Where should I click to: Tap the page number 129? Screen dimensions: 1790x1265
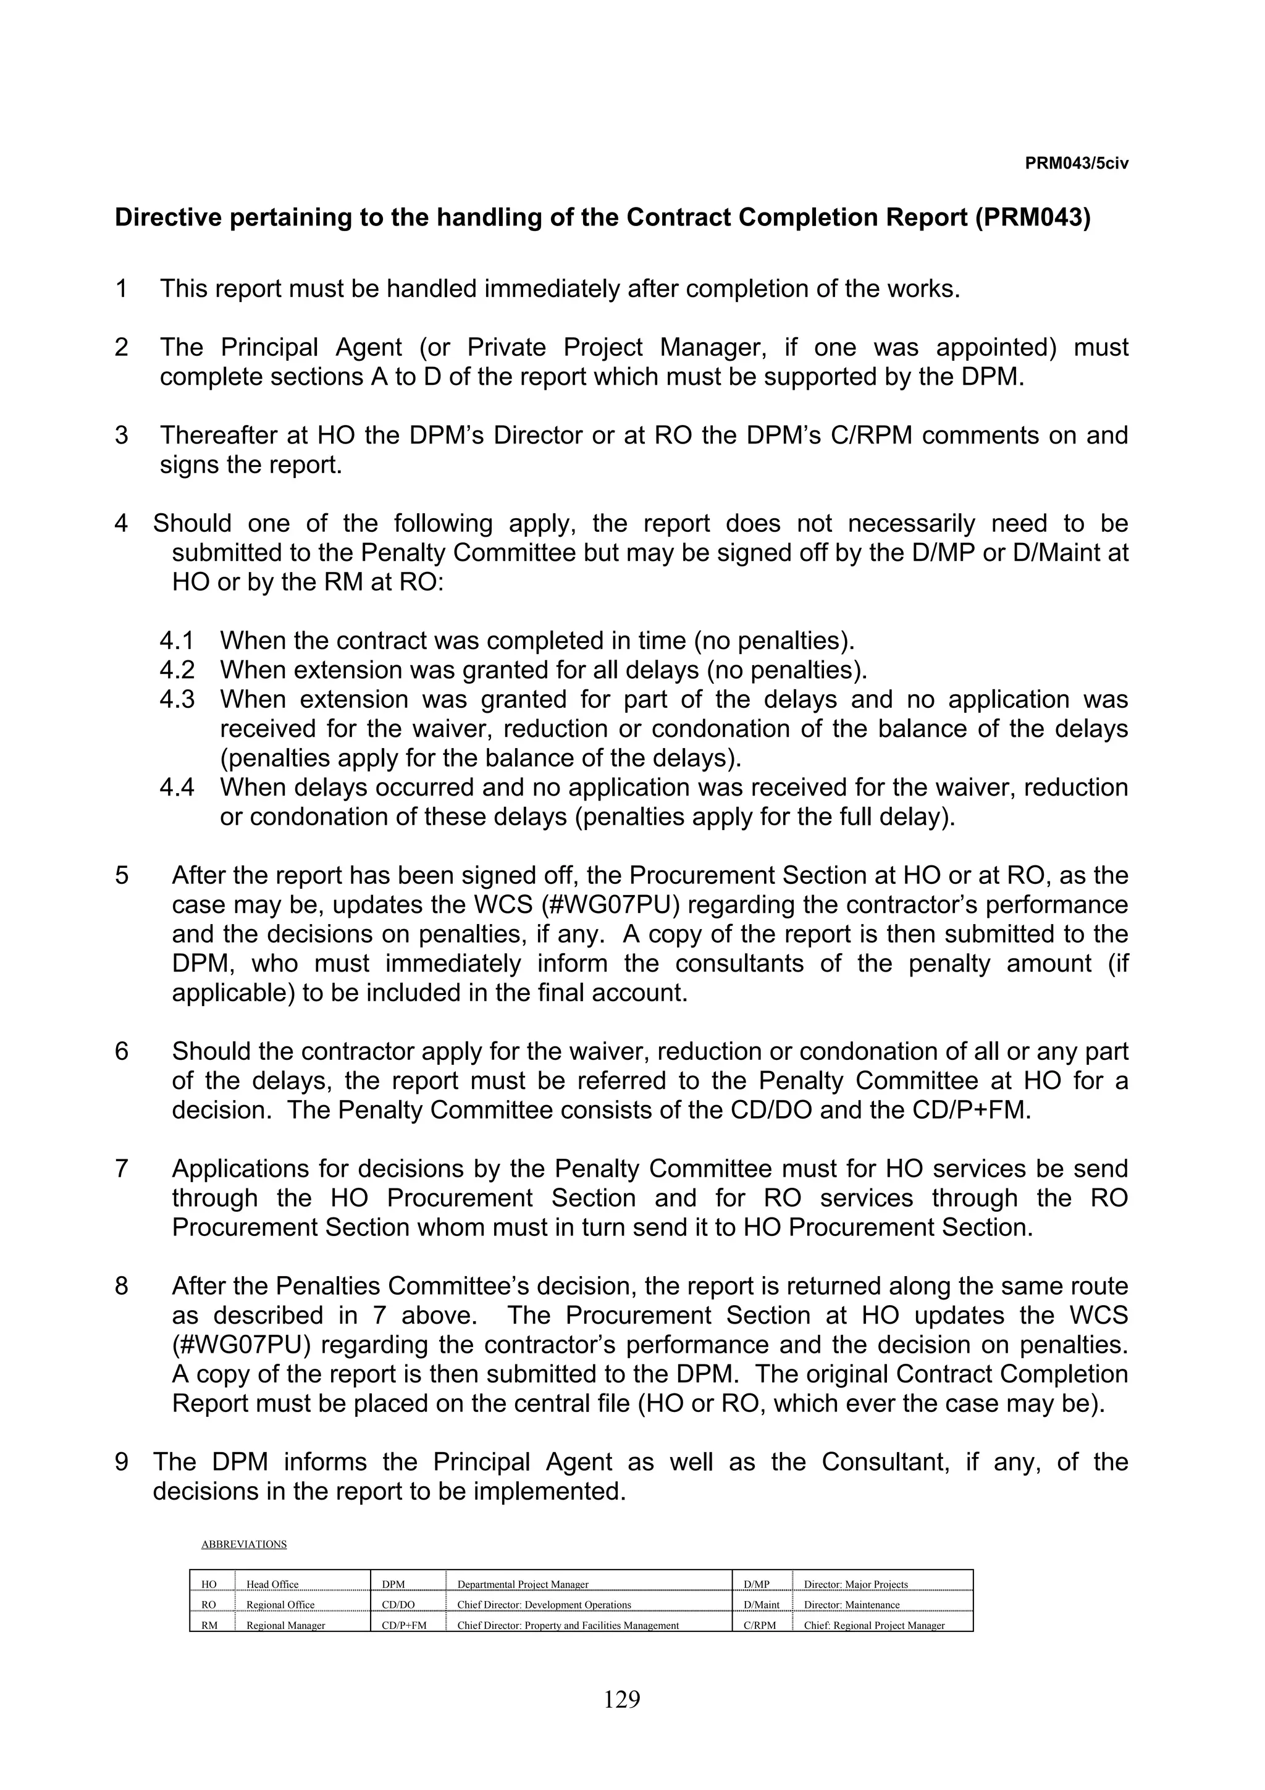621,1698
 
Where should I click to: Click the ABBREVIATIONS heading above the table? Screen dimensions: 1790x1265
244,1544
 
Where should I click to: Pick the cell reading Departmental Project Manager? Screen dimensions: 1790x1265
523,1584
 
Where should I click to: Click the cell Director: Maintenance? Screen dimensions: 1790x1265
852,1605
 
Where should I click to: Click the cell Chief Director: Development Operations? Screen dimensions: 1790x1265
544,1605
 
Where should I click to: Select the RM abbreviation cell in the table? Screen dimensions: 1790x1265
209,1626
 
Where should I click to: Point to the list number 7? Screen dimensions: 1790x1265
122,1169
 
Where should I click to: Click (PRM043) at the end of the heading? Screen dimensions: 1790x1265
1033,217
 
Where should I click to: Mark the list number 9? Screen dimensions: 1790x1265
122,1462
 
